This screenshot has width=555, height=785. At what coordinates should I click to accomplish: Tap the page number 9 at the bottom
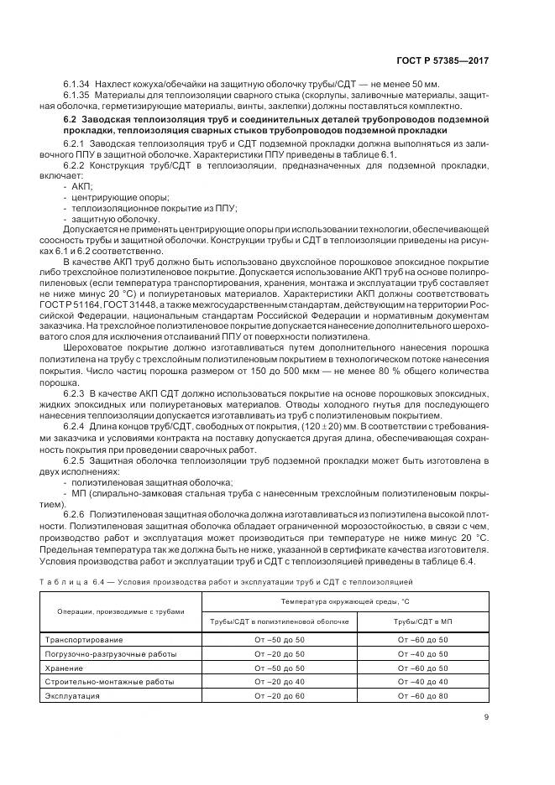[487, 716]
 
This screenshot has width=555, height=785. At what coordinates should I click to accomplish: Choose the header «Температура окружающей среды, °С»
[345, 602]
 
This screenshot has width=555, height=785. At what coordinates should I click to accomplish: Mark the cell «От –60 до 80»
[423, 696]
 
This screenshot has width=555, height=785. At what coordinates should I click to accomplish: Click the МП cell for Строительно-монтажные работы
[423, 682]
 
